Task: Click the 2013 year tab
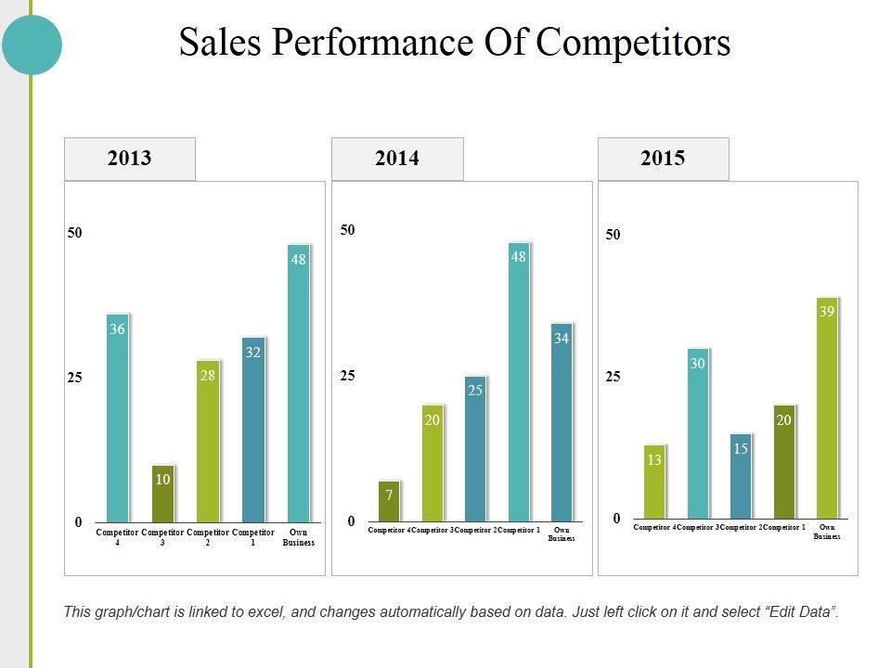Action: tap(129, 159)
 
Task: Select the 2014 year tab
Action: tap(397, 159)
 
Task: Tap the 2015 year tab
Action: tap(663, 159)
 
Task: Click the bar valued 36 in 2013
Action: tap(118, 417)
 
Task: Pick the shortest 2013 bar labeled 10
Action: tap(162, 494)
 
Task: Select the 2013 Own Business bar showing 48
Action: tap(298, 383)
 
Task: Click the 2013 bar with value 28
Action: tap(208, 441)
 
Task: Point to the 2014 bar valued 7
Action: tap(390, 501)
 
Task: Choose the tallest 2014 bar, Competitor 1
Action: tap(519, 381)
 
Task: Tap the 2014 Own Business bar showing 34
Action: tap(562, 422)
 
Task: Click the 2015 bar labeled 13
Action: tap(654, 482)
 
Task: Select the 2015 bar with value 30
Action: tap(698, 433)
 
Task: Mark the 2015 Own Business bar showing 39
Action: tap(827, 408)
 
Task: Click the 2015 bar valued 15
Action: tap(741, 476)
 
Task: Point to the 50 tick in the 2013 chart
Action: tap(74, 233)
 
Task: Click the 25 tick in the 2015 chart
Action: tap(613, 377)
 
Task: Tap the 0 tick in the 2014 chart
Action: tap(351, 521)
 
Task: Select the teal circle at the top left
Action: tap(32, 45)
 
